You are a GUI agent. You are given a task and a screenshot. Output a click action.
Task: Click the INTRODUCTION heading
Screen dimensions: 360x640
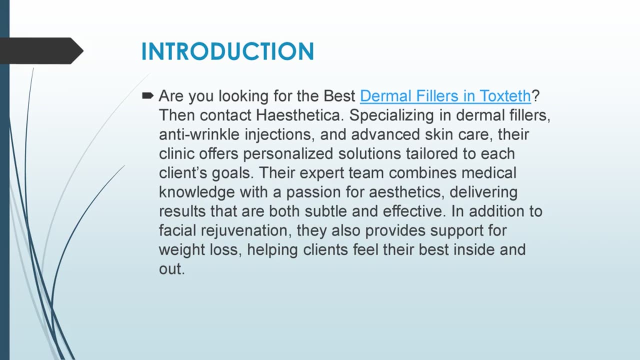click(227, 52)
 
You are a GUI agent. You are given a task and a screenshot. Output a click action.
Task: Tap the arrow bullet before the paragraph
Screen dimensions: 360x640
click(148, 95)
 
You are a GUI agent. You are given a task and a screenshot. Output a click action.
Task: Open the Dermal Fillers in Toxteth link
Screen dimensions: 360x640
click(445, 95)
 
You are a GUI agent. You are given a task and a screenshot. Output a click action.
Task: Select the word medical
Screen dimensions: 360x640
click(488, 173)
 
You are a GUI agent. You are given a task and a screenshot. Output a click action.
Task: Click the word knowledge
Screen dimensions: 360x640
click(196, 192)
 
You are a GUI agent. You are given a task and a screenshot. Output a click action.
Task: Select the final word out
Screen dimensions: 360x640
click(171, 269)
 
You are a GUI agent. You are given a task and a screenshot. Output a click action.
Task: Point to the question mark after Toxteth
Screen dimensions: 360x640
click(535, 95)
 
